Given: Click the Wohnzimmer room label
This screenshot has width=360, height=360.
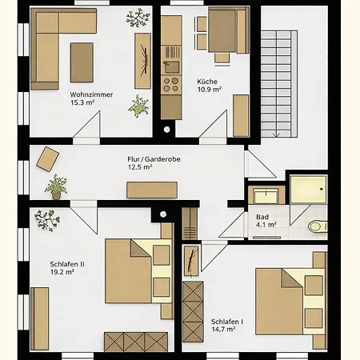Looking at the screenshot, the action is click(91, 94).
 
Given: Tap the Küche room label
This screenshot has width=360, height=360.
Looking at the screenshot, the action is click(207, 82).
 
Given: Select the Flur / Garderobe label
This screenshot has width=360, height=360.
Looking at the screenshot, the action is click(154, 159).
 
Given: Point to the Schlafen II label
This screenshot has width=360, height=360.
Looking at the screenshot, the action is click(67, 264).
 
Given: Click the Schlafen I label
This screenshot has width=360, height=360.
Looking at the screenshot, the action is click(227, 322).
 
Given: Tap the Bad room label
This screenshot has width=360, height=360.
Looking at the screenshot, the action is click(262, 217).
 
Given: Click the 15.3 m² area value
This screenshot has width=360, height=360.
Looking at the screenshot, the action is click(82, 102).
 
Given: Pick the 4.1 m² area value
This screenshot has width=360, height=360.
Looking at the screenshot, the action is click(266, 225).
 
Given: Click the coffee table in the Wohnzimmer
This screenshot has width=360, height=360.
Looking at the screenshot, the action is click(82, 62).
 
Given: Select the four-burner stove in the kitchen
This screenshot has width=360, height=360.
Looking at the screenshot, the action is click(171, 85).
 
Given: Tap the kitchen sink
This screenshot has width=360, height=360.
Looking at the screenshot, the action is click(171, 67).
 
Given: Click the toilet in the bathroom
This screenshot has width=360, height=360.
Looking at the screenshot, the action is click(318, 226).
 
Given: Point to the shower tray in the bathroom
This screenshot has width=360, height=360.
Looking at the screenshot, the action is click(308, 189).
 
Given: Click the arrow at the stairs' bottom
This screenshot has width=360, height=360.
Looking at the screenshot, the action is click(277, 134).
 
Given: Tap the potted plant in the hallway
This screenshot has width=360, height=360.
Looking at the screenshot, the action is click(56, 187).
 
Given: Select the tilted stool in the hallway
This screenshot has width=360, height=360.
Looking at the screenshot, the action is click(48, 159).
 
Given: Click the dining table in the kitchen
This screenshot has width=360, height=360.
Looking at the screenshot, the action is click(222, 31).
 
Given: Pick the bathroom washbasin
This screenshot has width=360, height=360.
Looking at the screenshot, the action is click(266, 196).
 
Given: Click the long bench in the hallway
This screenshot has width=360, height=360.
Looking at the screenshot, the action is click(152, 190).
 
